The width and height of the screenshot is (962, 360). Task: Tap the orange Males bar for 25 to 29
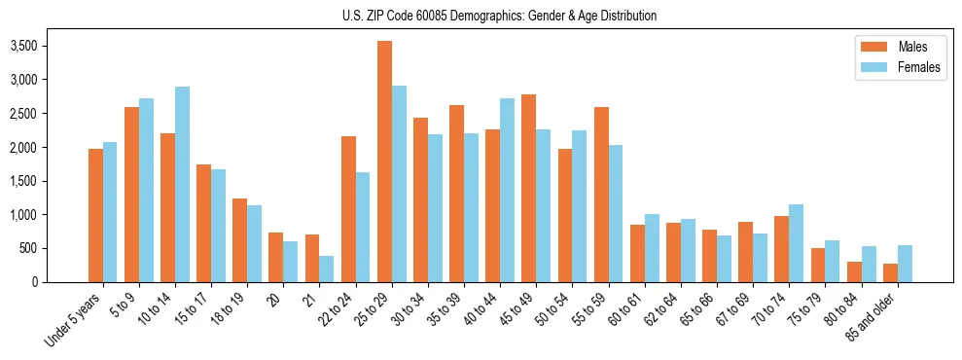point(384,162)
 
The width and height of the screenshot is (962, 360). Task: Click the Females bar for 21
point(327,269)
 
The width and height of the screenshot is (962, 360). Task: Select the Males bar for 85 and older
point(890,272)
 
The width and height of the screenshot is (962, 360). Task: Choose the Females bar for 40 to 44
point(507,190)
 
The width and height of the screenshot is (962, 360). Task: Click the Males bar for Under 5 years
point(95,215)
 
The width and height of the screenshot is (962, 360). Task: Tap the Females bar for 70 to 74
point(796,243)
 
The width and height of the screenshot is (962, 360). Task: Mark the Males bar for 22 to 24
point(348,209)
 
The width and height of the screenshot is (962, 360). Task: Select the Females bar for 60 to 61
point(652,248)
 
